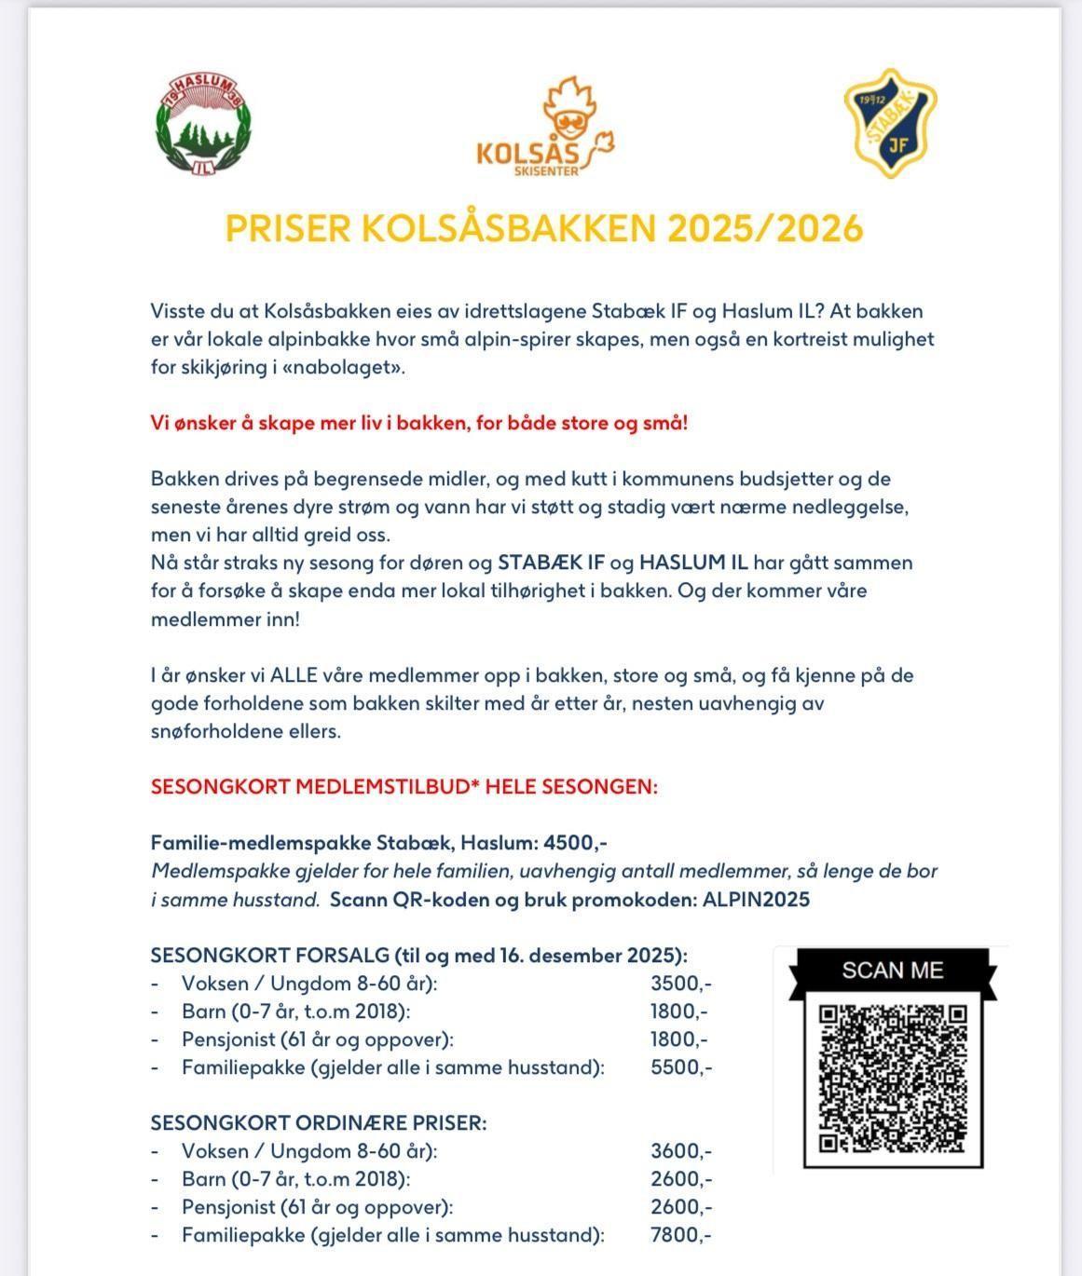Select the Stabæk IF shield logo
tap(890, 124)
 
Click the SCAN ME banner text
tap(892, 971)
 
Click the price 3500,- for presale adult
tap(680, 984)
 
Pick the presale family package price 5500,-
tap(680, 1067)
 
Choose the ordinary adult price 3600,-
tap(680, 1151)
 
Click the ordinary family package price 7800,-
tap(680, 1235)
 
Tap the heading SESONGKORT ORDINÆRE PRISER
tap(319, 1123)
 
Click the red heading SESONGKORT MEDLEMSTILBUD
tap(404, 787)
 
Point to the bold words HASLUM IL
tap(693, 563)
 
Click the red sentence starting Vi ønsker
tap(419, 423)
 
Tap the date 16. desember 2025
tap(585, 956)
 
